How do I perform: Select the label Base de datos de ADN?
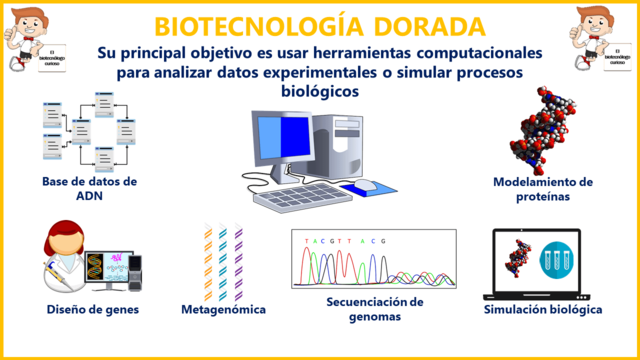coord(89,188)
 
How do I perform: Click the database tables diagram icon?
coord(88,130)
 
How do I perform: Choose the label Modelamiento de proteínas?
coord(544,189)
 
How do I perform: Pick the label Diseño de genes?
coord(92,309)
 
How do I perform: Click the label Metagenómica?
coord(224,310)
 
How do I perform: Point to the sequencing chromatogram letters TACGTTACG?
coord(345,241)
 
